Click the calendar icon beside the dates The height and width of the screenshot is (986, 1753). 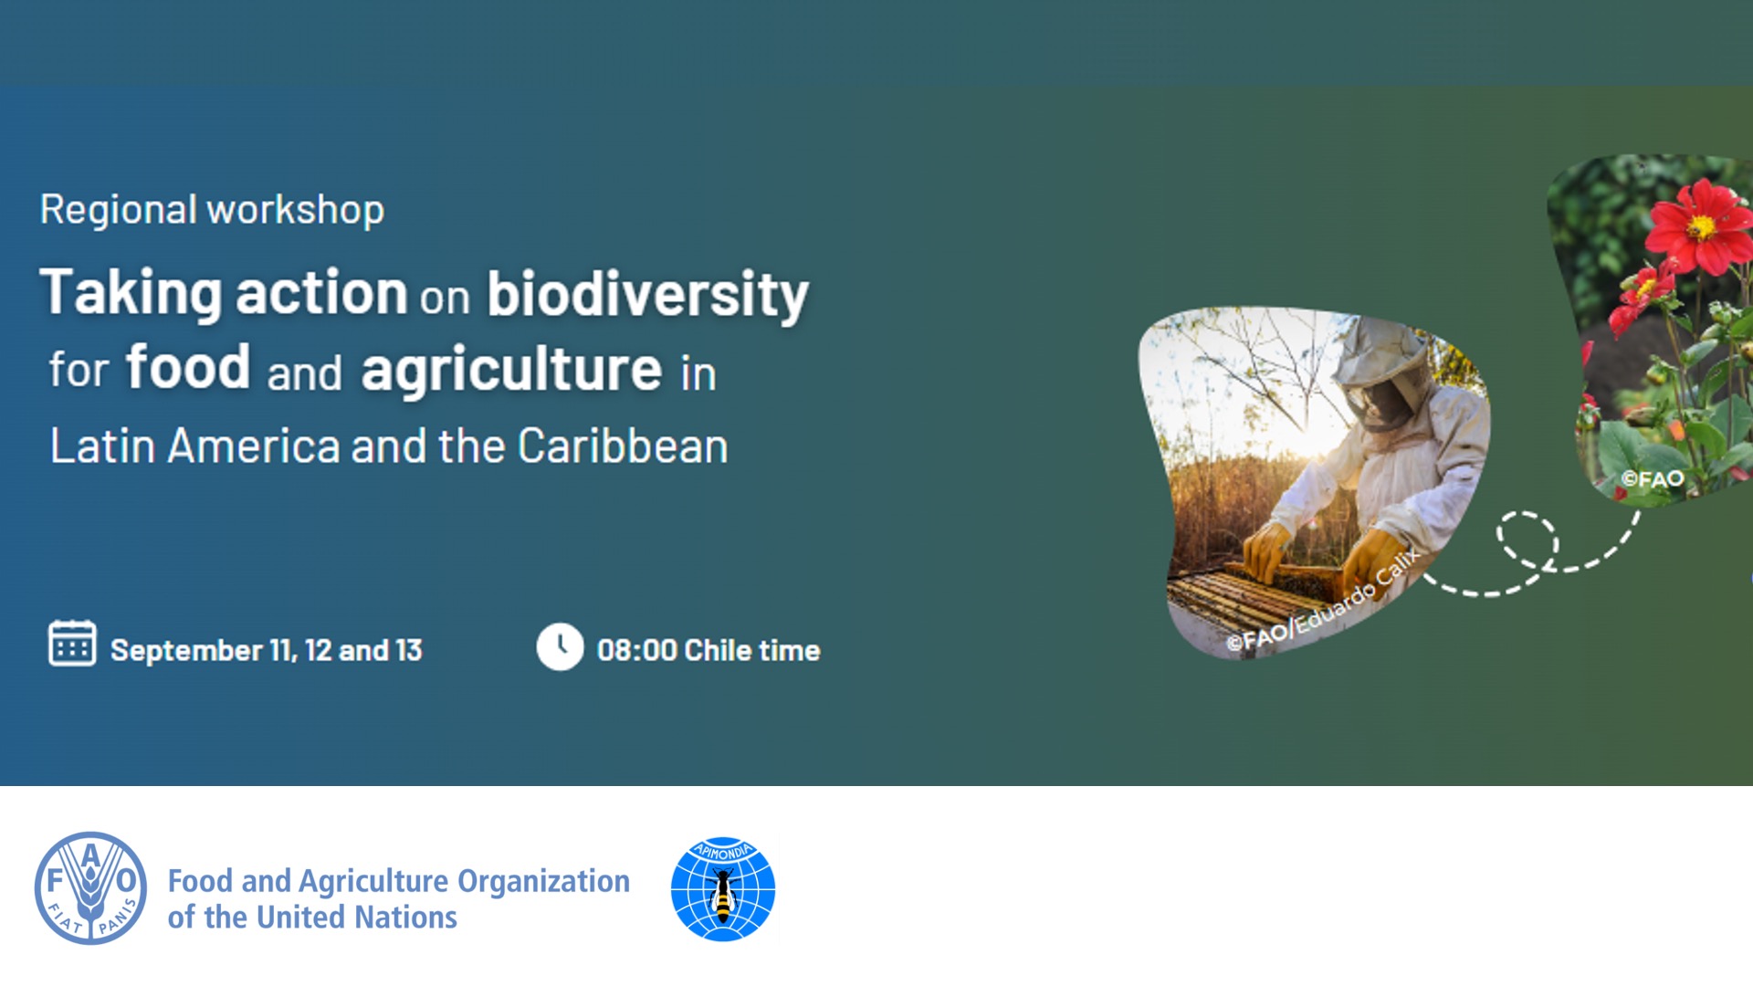[x=71, y=644]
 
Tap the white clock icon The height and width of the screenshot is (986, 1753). [x=560, y=647]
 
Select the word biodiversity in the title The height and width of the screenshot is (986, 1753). [x=647, y=294]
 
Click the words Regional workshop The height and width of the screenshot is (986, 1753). [x=212, y=210]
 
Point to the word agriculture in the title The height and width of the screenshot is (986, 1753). [x=511, y=370]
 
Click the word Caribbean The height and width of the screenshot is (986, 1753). [x=623, y=446]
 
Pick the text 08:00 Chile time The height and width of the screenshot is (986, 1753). [x=709, y=650]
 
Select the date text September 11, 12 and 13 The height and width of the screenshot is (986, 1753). [x=266, y=650]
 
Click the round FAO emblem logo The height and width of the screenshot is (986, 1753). [x=90, y=888]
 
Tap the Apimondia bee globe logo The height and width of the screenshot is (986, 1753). [x=723, y=889]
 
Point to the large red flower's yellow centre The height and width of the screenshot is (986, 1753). [x=1700, y=226]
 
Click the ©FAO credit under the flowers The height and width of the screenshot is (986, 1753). [x=1652, y=479]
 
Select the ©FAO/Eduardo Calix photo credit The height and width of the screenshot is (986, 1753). [x=1324, y=602]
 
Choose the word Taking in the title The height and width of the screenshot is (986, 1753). [x=131, y=294]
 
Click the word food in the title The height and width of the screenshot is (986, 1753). [x=188, y=368]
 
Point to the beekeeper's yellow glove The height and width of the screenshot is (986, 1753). [x=1374, y=557]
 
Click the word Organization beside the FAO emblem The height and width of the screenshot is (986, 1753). [x=543, y=881]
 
